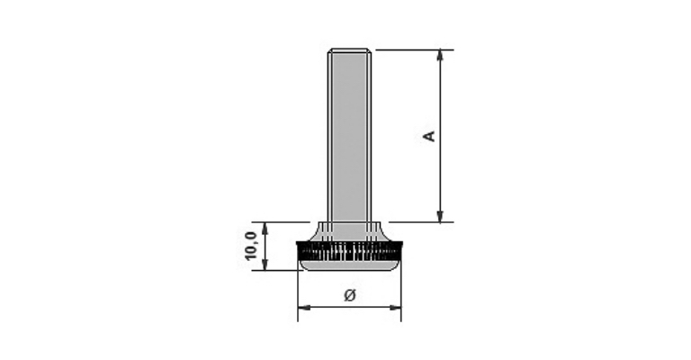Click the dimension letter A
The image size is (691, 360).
pos(429,136)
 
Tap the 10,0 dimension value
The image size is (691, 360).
pos(251,246)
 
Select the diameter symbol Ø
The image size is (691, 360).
pos(349,295)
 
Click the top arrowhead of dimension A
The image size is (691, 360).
pos(440,56)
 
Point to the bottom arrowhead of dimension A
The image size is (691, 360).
pos(440,216)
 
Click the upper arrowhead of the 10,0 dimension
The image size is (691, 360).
pos(265,229)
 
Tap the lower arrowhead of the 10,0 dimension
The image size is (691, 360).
pos(265,264)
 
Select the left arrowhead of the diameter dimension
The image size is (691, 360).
pos(304,307)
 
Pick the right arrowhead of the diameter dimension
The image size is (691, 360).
pos(395,307)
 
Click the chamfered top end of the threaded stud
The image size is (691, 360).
pos(349,50)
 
